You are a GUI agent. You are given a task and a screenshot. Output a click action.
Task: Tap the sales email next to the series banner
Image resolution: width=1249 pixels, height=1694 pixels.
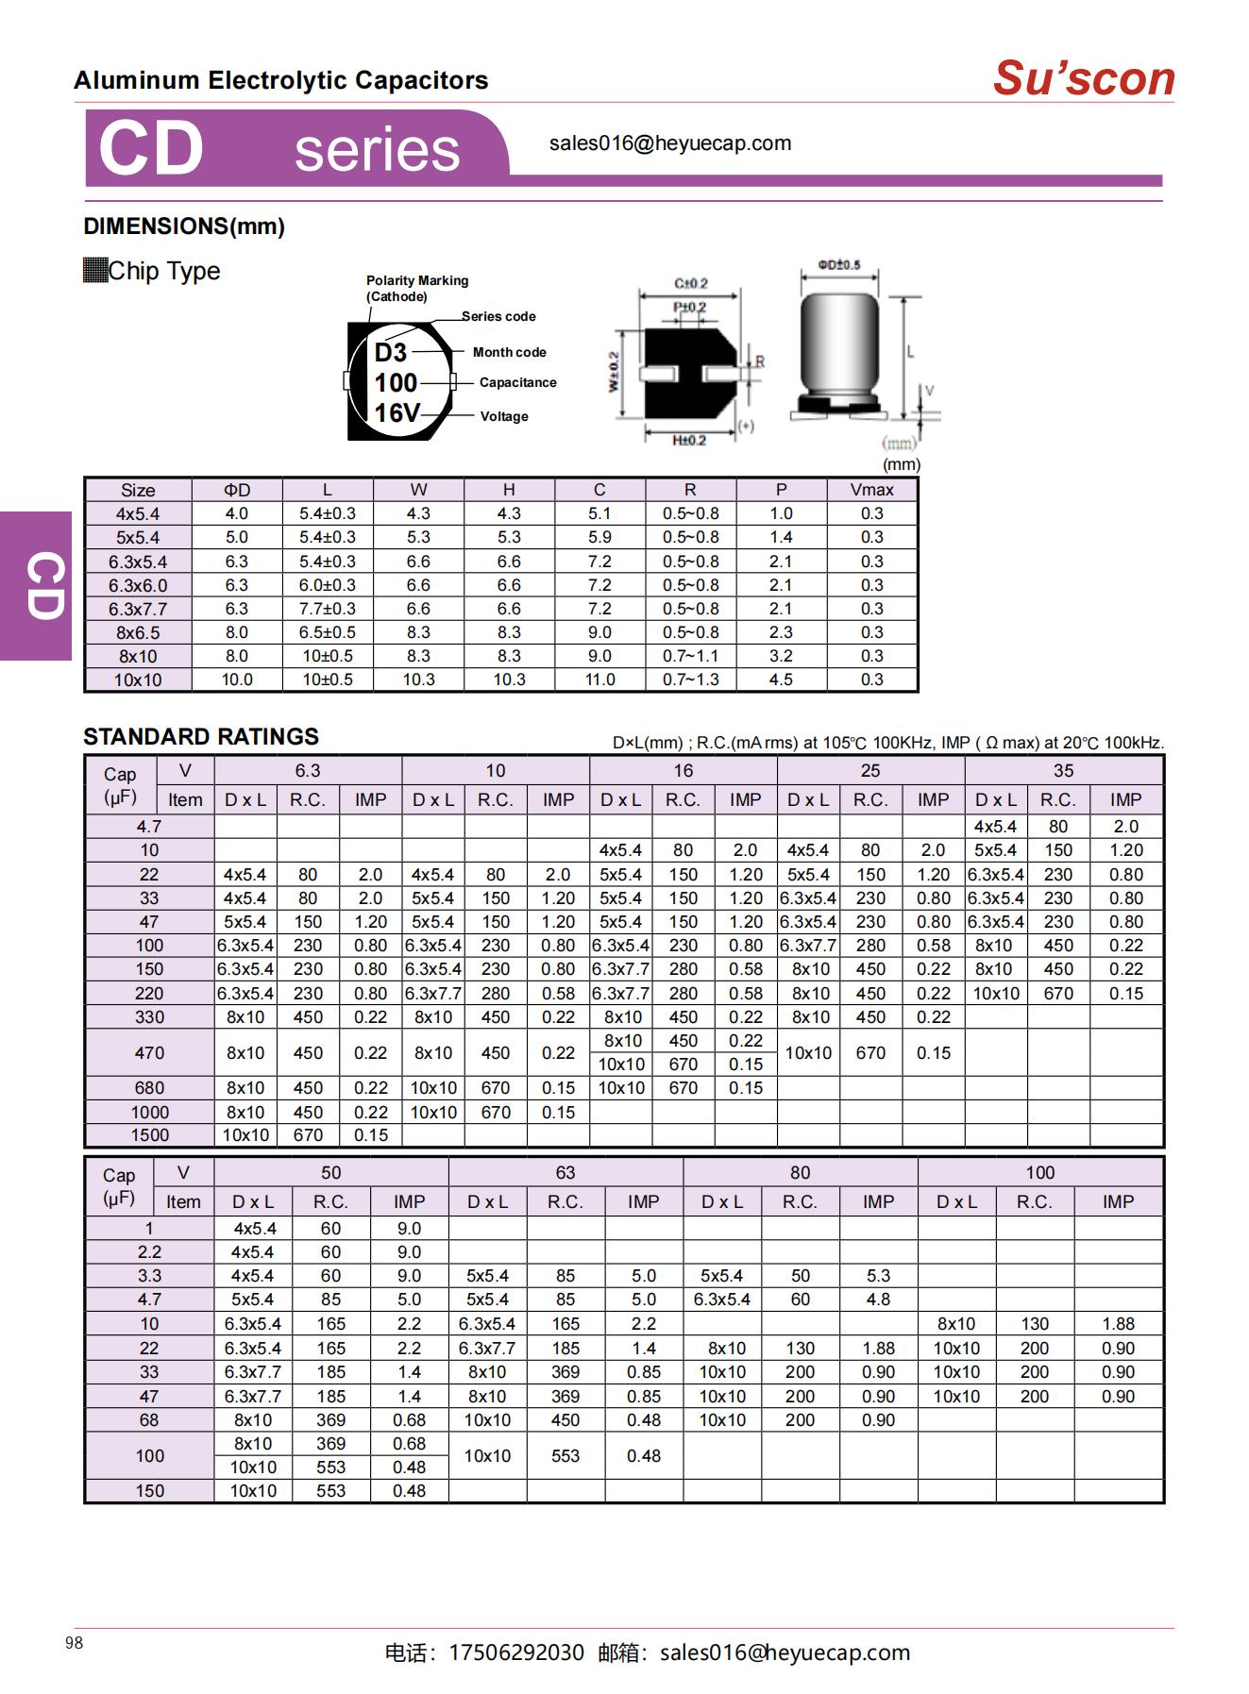[x=669, y=143]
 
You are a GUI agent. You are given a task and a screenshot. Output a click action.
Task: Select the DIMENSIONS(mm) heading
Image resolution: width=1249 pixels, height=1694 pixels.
[x=184, y=226]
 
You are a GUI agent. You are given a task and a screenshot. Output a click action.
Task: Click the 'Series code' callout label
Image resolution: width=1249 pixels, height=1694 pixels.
[x=498, y=316]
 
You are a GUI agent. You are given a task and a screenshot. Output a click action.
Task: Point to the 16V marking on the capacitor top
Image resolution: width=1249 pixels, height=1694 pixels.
[x=397, y=413]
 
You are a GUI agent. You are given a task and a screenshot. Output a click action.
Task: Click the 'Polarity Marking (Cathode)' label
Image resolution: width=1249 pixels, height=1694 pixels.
[x=416, y=288]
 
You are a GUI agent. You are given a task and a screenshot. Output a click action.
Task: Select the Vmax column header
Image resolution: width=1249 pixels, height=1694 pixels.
[x=870, y=490]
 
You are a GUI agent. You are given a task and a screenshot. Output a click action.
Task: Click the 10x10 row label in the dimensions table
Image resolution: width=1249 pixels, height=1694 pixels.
[x=138, y=679]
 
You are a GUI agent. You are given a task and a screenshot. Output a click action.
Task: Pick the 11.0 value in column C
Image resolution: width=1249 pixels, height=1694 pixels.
[x=599, y=679]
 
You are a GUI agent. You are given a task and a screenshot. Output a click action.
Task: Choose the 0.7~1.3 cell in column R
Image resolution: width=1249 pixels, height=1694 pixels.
[x=690, y=679]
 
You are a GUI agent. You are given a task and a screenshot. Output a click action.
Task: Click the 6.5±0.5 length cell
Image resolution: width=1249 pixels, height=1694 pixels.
[x=327, y=632]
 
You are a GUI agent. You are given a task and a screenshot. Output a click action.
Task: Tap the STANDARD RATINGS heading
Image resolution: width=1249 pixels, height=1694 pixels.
[x=201, y=736]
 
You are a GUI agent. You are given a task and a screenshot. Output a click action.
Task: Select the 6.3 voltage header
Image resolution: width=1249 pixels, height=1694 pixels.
[x=308, y=770]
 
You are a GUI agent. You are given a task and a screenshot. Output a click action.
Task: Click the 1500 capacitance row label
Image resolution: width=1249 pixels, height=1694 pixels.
[x=149, y=1135]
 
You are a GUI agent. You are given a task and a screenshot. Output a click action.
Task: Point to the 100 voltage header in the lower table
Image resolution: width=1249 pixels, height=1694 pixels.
[x=1039, y=1172]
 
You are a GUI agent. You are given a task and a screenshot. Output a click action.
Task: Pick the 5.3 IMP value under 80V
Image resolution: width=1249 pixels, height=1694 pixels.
[x=878, y=1276]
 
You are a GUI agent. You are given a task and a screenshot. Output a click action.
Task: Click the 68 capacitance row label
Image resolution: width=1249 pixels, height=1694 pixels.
[x=149, y=1420]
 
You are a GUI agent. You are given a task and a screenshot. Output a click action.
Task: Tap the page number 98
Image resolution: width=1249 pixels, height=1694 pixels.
[x=75, y=1643]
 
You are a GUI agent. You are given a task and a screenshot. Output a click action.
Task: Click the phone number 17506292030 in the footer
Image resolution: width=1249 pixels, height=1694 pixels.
[x=516, y=1652]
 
